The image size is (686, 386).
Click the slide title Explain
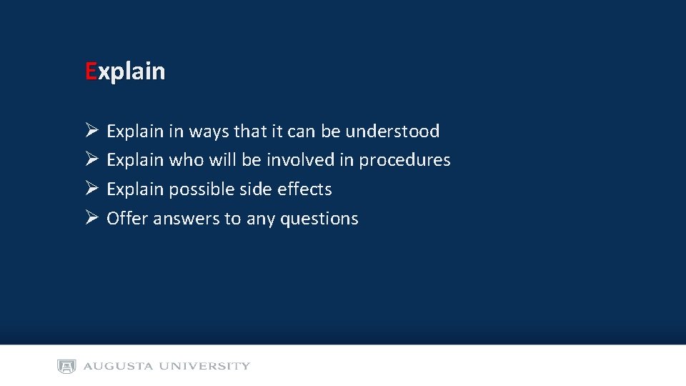[125, 71]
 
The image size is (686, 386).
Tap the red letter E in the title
[91, 71]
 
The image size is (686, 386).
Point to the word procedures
[404, 160]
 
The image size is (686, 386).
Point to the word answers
[187, 219]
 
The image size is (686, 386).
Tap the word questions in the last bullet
[319, 219]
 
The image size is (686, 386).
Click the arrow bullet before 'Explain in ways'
[91, 131]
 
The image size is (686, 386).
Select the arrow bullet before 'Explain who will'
[91, 159]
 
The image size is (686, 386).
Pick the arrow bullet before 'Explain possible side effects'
[91, 189]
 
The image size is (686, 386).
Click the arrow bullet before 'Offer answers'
[91, 218]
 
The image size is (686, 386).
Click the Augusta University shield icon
[66, 366]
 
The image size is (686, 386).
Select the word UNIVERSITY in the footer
[204, 366]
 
